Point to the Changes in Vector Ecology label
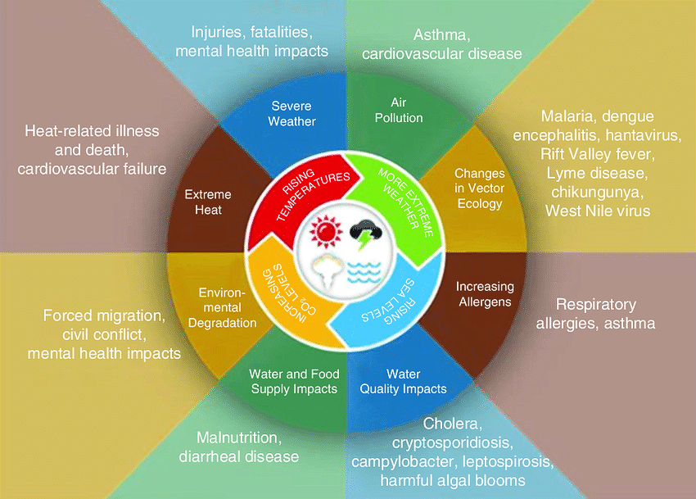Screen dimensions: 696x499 479,188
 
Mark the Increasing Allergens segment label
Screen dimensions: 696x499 485,294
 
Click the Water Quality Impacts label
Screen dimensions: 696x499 404,381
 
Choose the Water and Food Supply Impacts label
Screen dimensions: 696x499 294,381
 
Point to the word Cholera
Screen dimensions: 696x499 453,425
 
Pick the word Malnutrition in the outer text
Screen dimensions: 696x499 238,438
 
